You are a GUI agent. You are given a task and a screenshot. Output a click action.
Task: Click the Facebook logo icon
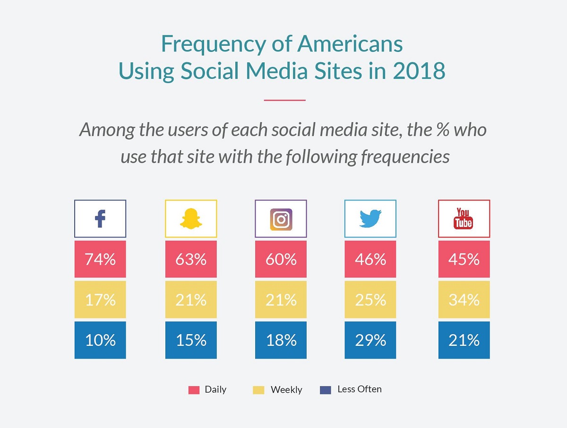click(100, 219)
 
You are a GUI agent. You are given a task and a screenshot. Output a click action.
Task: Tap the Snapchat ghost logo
click(191, 219)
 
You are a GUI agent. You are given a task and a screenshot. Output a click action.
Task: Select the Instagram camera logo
click(281, 219)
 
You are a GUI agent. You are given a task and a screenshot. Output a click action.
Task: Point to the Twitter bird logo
click(370, 219)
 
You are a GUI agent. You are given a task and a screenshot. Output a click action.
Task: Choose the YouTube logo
click(464, 219)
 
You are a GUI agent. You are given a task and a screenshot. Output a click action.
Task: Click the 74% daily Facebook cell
click(100, 259)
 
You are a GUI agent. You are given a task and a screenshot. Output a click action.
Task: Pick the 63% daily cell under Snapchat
click(191, 259)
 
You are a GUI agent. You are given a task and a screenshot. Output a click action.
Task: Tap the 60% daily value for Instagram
click(281, 259)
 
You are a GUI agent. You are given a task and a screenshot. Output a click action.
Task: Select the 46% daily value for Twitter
click(370, 259)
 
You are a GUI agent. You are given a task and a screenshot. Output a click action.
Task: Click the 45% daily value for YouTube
click(464, 259)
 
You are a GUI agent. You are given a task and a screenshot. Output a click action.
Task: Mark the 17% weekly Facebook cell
click(100, 300)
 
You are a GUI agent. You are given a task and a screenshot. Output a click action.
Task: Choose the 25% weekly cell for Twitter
click(370, 300)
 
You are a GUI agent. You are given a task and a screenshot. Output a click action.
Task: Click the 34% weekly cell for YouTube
click(464, 300)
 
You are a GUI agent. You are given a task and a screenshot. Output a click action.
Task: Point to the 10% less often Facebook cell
click(100, 340)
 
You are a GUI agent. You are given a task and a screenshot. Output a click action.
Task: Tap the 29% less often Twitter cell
click(370, 340)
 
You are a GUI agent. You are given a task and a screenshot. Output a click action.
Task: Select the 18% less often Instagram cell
click(281, 340)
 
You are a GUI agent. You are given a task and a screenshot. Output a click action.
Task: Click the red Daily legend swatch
click(194, 390)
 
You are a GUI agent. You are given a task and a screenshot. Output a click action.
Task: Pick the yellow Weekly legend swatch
click(258, 390)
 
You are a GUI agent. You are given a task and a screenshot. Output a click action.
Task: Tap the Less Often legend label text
click(360, 389)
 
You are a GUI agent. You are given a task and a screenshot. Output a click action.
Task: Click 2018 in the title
click(419, 71)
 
